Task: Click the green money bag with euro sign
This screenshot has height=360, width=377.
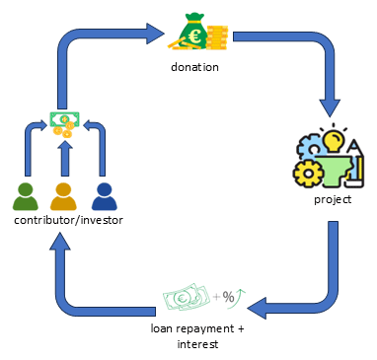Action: click(x=193, y=32)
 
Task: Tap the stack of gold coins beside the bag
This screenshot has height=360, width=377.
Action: click(x=217, y=37)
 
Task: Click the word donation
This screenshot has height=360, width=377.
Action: click(x=194, y=67)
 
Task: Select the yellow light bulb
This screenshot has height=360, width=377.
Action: click(x=334, y=141)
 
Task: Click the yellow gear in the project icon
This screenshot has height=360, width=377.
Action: click(x=308, y=174)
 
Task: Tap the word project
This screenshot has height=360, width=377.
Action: click(x=333, y=200)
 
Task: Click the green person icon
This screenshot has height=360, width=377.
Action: click(x=26, y=196)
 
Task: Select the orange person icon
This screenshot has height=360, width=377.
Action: click(x=63, y=196)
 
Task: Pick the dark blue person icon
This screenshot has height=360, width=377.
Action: click(x=105, y=196)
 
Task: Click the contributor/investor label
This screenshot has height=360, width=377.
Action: click(x=68, y=220)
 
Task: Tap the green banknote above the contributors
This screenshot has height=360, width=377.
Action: click(x=65, y=119)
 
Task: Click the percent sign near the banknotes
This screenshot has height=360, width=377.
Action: click(x=228, y=297)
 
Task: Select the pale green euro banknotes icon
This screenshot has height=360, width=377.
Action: click(x=187, y=297)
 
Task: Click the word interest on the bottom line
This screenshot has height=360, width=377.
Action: click(x=197, y=344)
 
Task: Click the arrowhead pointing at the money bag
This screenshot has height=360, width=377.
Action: click(x=155, y=34)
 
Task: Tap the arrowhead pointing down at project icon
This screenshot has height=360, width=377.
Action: click(x=331, y=108)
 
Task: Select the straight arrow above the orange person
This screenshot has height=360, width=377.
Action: click(x=65, y=159)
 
